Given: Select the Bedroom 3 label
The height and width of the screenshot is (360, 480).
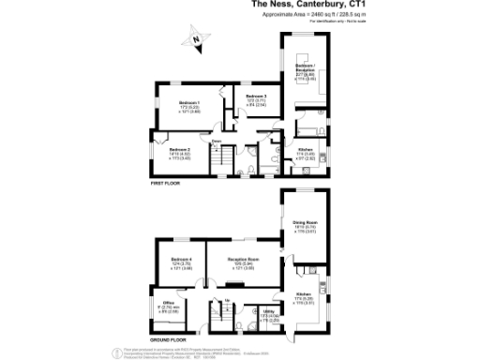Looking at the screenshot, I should [x=256, y=97].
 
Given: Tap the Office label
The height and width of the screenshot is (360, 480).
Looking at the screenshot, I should [x=169, y=303].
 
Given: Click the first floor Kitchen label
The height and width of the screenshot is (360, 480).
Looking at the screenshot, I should [x=306, y=150].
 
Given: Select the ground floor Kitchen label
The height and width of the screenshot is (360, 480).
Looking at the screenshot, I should [x=304, y=294].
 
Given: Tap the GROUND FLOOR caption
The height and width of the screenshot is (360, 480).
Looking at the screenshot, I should [x=168, y=338].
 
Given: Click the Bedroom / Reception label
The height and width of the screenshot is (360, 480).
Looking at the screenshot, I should [x=305, y=65].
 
